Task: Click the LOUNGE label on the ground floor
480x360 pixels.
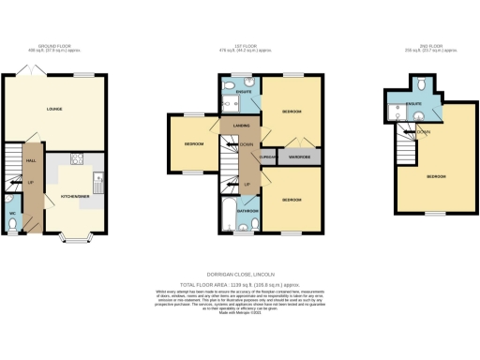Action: pos(54,109)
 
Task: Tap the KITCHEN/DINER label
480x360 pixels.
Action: pos(75,197)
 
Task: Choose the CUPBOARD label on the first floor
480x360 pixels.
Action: pos(269,157)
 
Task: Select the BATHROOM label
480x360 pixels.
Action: pos(247,211)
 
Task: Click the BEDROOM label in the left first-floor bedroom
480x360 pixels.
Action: pos(194,144)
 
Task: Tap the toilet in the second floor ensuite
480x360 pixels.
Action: pos(425,84)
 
